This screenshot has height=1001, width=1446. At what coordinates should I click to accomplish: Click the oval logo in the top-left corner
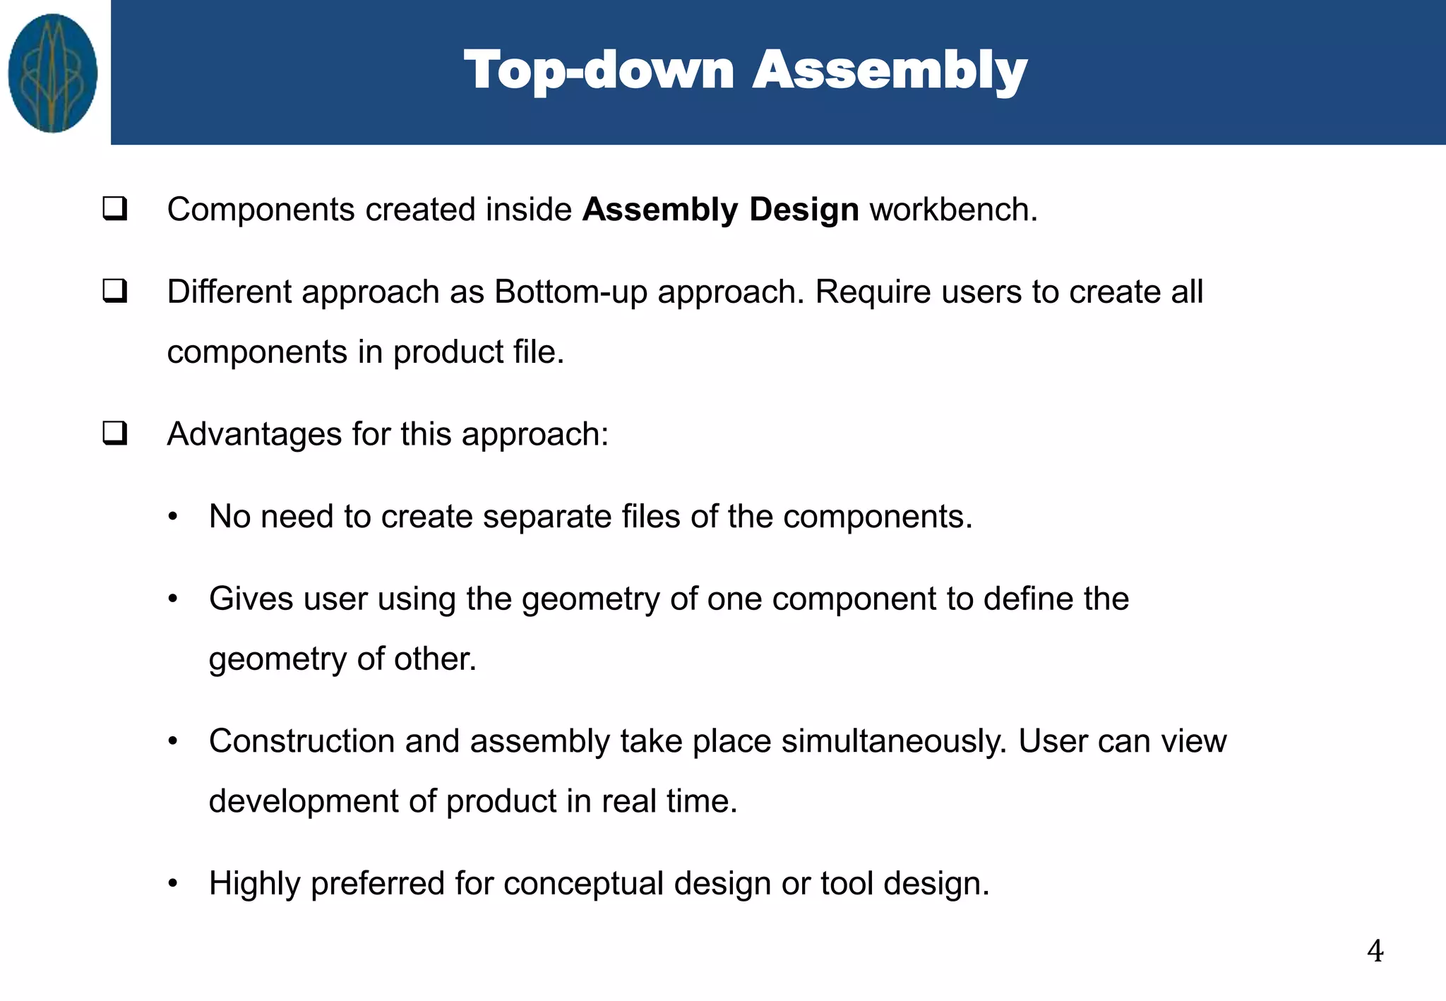click(x=53, y=73)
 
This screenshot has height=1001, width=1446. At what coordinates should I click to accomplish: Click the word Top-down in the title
click(x=599, y=71)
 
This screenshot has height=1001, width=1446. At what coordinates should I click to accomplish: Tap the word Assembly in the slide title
click(x=890, y=71)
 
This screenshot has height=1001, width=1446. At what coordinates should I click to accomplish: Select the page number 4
click(x=1375, y=951)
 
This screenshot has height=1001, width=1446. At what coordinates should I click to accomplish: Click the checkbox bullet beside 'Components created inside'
click(x=115, y=209)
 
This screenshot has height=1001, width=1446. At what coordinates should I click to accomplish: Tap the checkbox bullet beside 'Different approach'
click(x=115, y=291)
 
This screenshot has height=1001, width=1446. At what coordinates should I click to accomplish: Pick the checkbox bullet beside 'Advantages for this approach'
click(x=115, y=433)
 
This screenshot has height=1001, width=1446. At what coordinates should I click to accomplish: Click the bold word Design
click(x=803, y=210)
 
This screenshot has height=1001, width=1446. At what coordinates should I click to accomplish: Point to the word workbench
click(x=953, y=210)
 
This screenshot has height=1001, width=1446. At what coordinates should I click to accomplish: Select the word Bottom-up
click(x=570, y=292)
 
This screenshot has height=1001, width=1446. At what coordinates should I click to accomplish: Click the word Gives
click(x=251, y=599)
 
